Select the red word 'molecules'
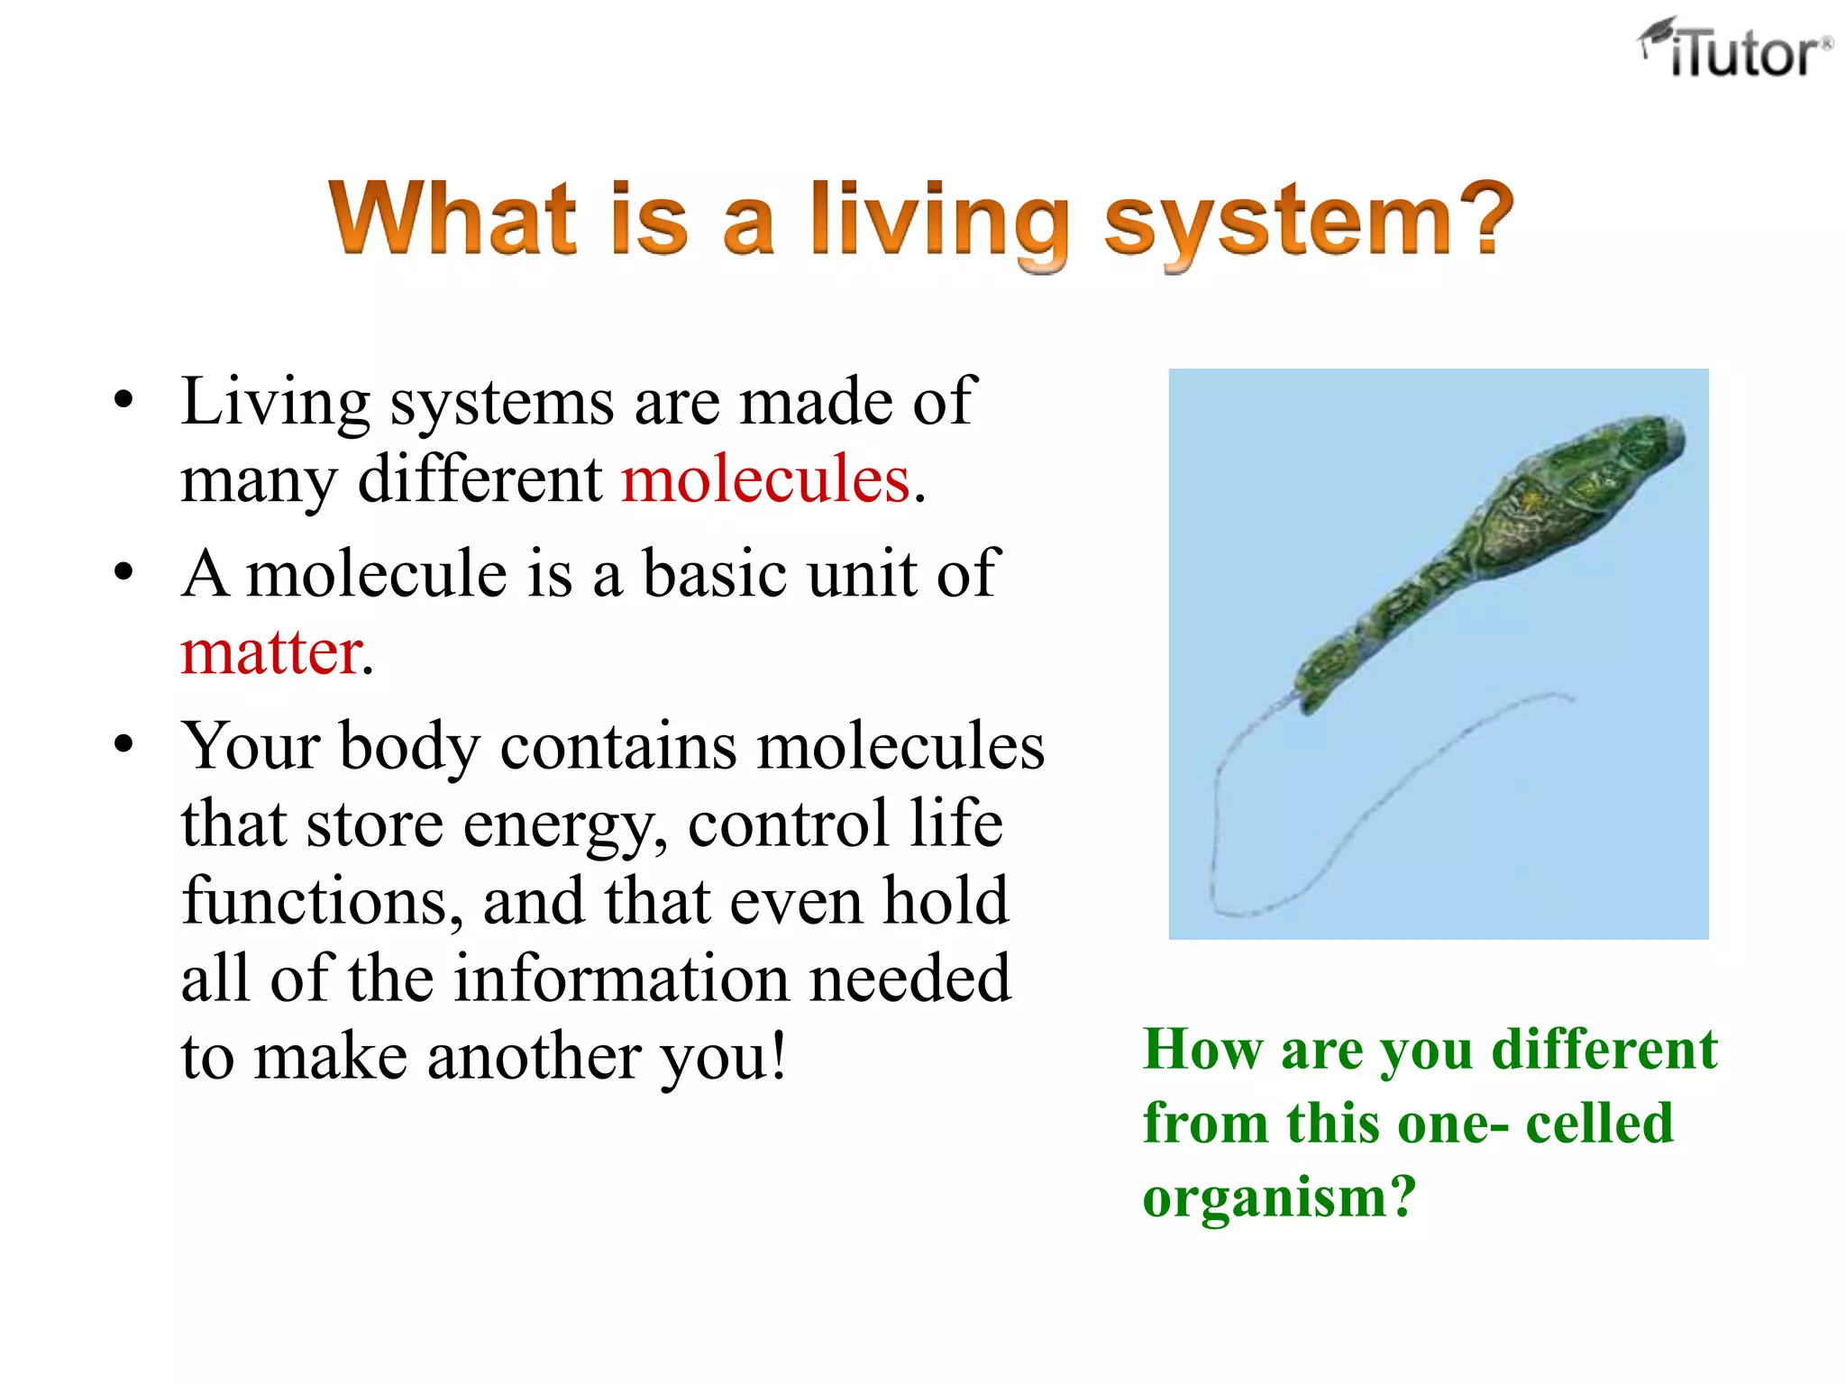pyautogui.click(x=765, y=479)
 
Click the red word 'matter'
pyautogui.click(x=270, y=652)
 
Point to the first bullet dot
pyautogui.click(x=123, y=400)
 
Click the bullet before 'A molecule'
pyautogui.click(x=123, y=573)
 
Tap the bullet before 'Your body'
pyautogui.click(x=123, y=745)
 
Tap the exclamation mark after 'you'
pyautogui.click(x=776, y=1055)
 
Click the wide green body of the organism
pyautogui.click(x=1532, y=514)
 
